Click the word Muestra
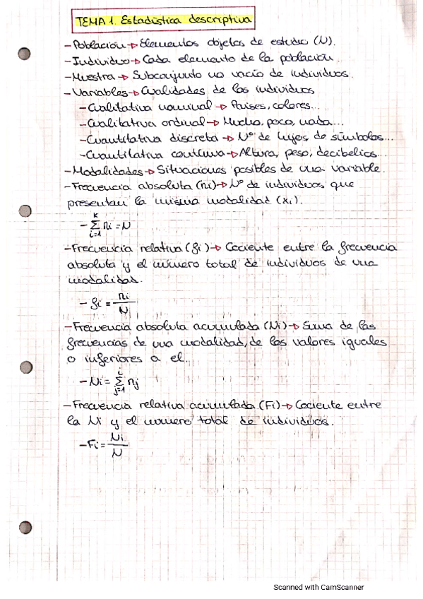93,75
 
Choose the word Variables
98,91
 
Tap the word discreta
193,138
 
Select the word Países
261,106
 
